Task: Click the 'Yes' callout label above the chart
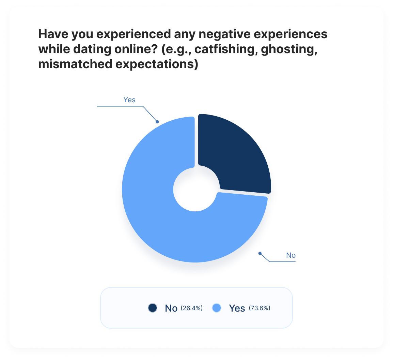pyautogui.click(x=129, y=100)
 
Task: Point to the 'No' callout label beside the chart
pyautogui.click(x=291, y=255)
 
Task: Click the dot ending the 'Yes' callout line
pyautogui.click(x=157, y=121)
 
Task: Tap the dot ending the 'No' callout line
pyautogui.click(x=260, y=253)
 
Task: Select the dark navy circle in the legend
pyautogui.click(x=152, y=308)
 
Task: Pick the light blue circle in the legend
pyautogui.click(x=217, y=308)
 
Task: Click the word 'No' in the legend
pyautogui.click(x=171, y=308)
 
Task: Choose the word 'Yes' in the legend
pyautogui.click(x=237, y=308)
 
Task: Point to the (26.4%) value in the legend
pyautogui.click(x=191, y=308)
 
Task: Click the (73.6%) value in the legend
pyautogui.click(x=260, y=308)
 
